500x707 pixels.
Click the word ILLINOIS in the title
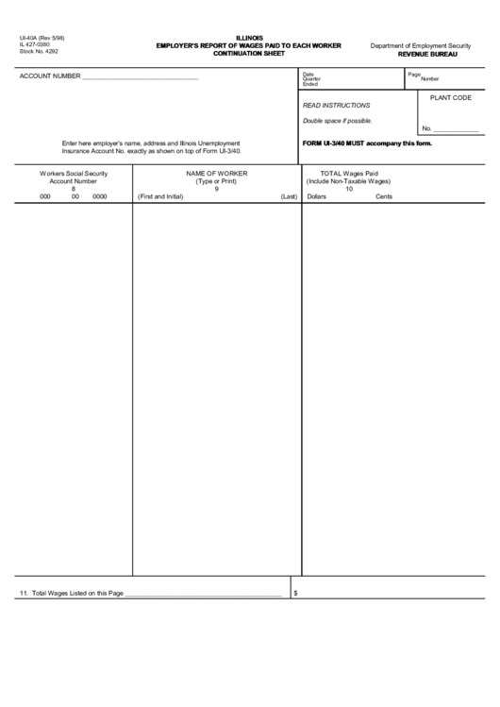pos(250,38)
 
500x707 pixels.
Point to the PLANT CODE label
pos(450,97)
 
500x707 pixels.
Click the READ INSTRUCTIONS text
pos(337,106)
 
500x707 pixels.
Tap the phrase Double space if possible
pos(338,121)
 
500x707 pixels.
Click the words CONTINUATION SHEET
pos(250,53)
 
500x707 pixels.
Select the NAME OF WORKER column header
pos(216,174)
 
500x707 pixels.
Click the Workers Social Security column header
pos(74,174)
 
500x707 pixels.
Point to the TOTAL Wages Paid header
pos(349,174)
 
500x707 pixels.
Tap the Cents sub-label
pos(384,196)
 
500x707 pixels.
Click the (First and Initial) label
pos(160,196)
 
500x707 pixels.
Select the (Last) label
pos(289,196)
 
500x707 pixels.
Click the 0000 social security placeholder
pos(100,196)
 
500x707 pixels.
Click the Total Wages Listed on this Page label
pos(72,593)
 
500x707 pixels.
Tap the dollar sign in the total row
pos(296,593)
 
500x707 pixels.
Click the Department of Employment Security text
pos(420,45)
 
